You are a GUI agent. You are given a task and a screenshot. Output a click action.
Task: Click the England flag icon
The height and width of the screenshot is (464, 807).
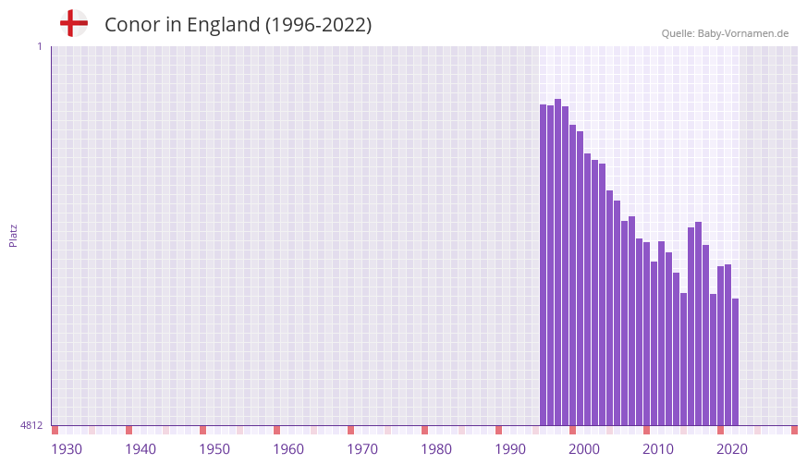coord(74,23)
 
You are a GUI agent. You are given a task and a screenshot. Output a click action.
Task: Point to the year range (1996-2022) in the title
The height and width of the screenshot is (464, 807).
coord(318,25)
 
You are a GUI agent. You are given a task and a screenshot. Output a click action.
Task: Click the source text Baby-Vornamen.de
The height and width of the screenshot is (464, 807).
coord(745,33)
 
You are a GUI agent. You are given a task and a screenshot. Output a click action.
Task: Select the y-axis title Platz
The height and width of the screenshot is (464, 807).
coord(13,235)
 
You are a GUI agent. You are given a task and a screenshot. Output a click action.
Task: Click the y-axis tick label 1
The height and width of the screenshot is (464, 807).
coord(39,46)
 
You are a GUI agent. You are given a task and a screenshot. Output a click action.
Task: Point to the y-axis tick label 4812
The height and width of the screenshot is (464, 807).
coord(31,426)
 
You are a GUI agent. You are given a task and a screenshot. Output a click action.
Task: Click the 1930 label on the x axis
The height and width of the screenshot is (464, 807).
coord(67,449)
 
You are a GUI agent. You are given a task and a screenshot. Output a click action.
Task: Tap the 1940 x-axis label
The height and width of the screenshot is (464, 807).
coord(141,449)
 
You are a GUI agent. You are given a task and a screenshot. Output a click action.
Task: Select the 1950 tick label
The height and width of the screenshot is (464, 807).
coord(214,449)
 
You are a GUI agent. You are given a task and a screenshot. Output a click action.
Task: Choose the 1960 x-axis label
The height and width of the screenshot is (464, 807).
coord(288,449)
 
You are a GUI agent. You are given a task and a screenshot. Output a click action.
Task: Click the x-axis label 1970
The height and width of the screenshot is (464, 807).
coord(362,449)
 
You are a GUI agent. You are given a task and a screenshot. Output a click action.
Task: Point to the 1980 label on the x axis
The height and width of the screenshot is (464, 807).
coord(436,449)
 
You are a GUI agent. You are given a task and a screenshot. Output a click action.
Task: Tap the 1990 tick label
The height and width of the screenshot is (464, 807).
coord(510,449)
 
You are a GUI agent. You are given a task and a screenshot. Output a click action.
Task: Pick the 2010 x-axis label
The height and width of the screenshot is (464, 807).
coord(658,449)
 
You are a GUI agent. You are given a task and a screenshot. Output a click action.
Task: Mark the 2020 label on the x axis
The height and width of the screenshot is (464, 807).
coord(732,449)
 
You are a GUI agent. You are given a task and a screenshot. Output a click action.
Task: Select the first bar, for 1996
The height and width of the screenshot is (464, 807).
coord(544,264)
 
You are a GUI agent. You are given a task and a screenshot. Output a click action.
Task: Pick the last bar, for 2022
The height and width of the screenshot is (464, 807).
coord(736,361)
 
